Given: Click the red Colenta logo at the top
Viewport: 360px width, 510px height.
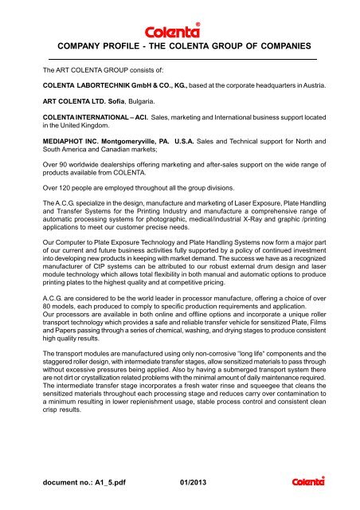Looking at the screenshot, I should [x=180, y=16].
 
